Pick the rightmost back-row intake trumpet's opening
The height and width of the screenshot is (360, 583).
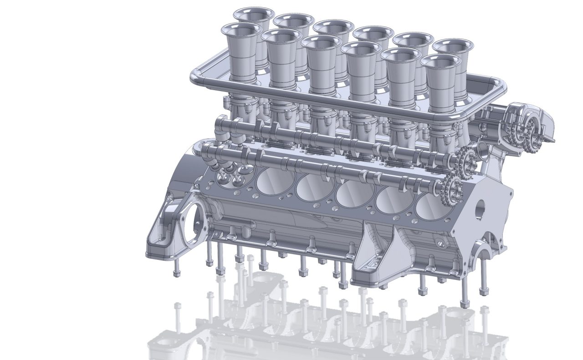(x=450, y=46)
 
